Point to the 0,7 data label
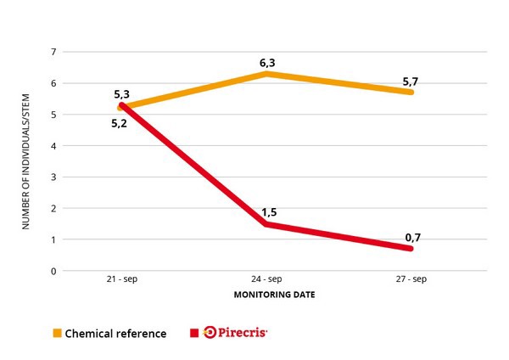pos(412,237)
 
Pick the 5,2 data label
pos(120,124)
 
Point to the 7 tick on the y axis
pos(53,53)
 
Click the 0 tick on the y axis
pos(53,271)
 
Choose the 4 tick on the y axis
pos(53,146)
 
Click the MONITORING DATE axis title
pos(266,295)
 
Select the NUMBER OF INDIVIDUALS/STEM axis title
pos(26,161)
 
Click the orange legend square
pos(58,333)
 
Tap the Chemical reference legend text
pos(116,333)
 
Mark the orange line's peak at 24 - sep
pos(266,74)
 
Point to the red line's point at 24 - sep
pos(266,224)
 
